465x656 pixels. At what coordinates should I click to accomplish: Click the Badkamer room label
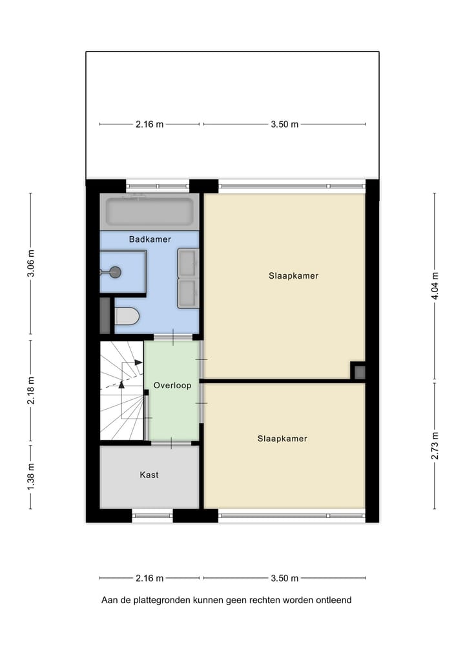pos(149,239)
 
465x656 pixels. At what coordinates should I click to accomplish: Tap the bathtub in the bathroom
pos(150,212)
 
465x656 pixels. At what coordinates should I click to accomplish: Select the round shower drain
pos(116,272)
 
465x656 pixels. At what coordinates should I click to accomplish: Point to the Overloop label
pos(172,386)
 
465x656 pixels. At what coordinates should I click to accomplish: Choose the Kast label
pos(149,475)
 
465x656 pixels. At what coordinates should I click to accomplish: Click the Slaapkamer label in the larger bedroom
pos(294,275)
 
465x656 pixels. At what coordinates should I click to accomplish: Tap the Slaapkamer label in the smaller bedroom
pos(282,439)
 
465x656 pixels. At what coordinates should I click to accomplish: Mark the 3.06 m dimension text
pos(30,263)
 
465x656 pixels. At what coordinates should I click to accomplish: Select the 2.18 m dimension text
pos(30,390)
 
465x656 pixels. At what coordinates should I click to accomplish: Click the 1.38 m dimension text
pos(30,476)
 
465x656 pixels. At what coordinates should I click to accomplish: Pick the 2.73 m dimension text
pos(435,446)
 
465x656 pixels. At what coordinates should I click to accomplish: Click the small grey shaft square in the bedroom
pos(359,372)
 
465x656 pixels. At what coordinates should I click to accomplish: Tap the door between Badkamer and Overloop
pos(173,337)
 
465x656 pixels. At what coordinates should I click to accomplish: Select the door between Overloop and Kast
pos(171,442)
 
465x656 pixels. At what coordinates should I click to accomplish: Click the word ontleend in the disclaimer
pos(333,601)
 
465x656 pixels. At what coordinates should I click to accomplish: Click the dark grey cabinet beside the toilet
pos(105,315)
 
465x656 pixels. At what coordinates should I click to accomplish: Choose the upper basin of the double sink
pos(188,263)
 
